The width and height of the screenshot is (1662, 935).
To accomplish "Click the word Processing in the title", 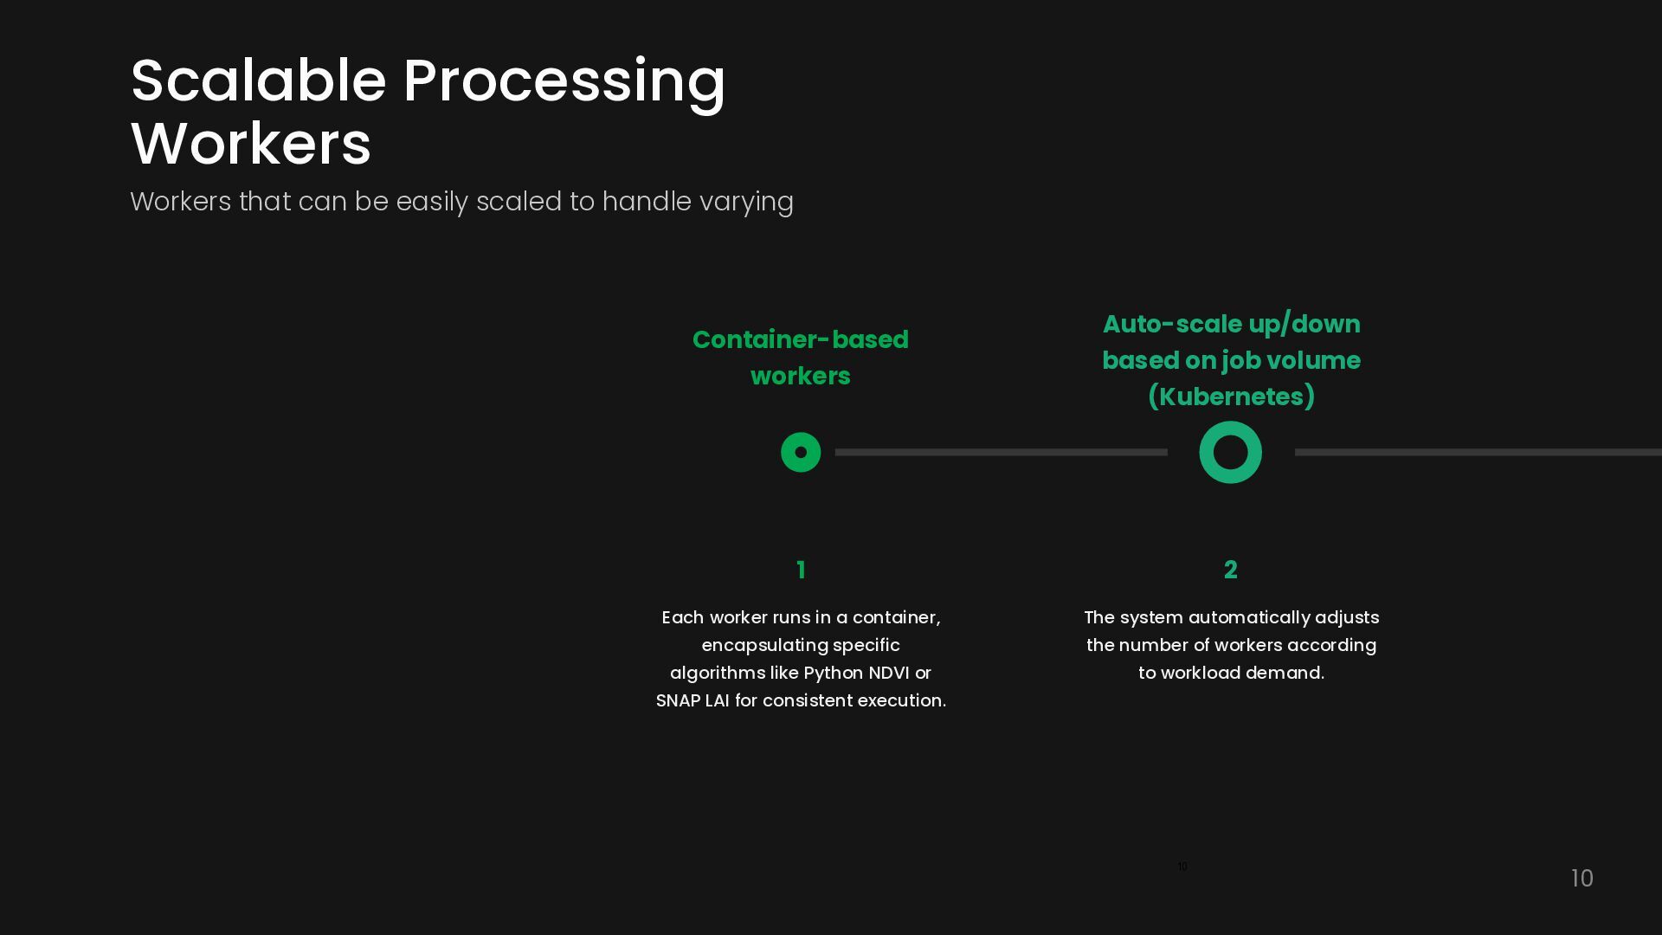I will tap(564, 82).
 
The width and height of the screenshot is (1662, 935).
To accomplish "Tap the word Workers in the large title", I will tap(251, 144).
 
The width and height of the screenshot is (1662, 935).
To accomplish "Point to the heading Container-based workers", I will tap(800, 358).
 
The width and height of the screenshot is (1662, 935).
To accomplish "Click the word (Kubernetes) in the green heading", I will tap(1231, 397).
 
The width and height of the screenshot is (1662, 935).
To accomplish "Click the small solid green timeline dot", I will tap(801, 452).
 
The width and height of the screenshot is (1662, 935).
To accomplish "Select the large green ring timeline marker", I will tap(1230, 452).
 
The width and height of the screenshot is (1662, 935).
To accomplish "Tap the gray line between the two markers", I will tap(1001, 452).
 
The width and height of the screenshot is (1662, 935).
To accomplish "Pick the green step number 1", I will tap(801, 570).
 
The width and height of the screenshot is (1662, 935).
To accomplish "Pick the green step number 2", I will tap(1230, 570).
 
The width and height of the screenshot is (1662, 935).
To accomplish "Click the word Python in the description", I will tap(833, 674).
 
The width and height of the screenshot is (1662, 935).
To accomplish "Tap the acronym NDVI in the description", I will tap(888, 674).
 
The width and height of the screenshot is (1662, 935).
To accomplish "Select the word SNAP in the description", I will tap(678, 701).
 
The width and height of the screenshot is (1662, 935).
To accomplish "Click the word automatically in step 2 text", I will tap(1248, 618).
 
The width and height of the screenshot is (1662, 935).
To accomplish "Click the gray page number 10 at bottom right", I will tap(1581, 879).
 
